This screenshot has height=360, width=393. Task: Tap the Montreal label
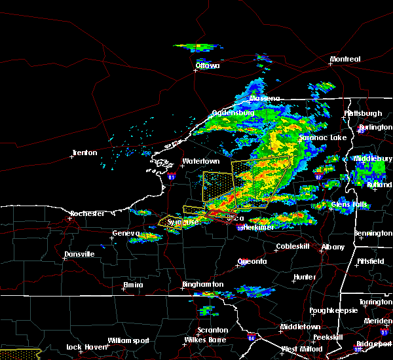(x=345, y=60)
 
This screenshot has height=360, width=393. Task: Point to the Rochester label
(x=88, y=214)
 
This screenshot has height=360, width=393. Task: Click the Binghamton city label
(x=202, y=285)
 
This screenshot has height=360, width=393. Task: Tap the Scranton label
(x=213, y=330)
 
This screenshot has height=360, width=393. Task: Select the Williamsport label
(x=128, y=340)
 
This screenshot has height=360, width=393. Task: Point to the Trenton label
(x=84, y=153)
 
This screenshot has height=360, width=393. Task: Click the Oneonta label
(x=252, y=261)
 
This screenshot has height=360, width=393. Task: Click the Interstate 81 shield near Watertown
(x=171, y=177)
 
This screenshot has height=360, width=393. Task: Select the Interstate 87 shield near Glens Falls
(x=318, y=177)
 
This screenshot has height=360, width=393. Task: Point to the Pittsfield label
(x=370, y=261)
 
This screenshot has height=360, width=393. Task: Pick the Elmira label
(x=133, y=285)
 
